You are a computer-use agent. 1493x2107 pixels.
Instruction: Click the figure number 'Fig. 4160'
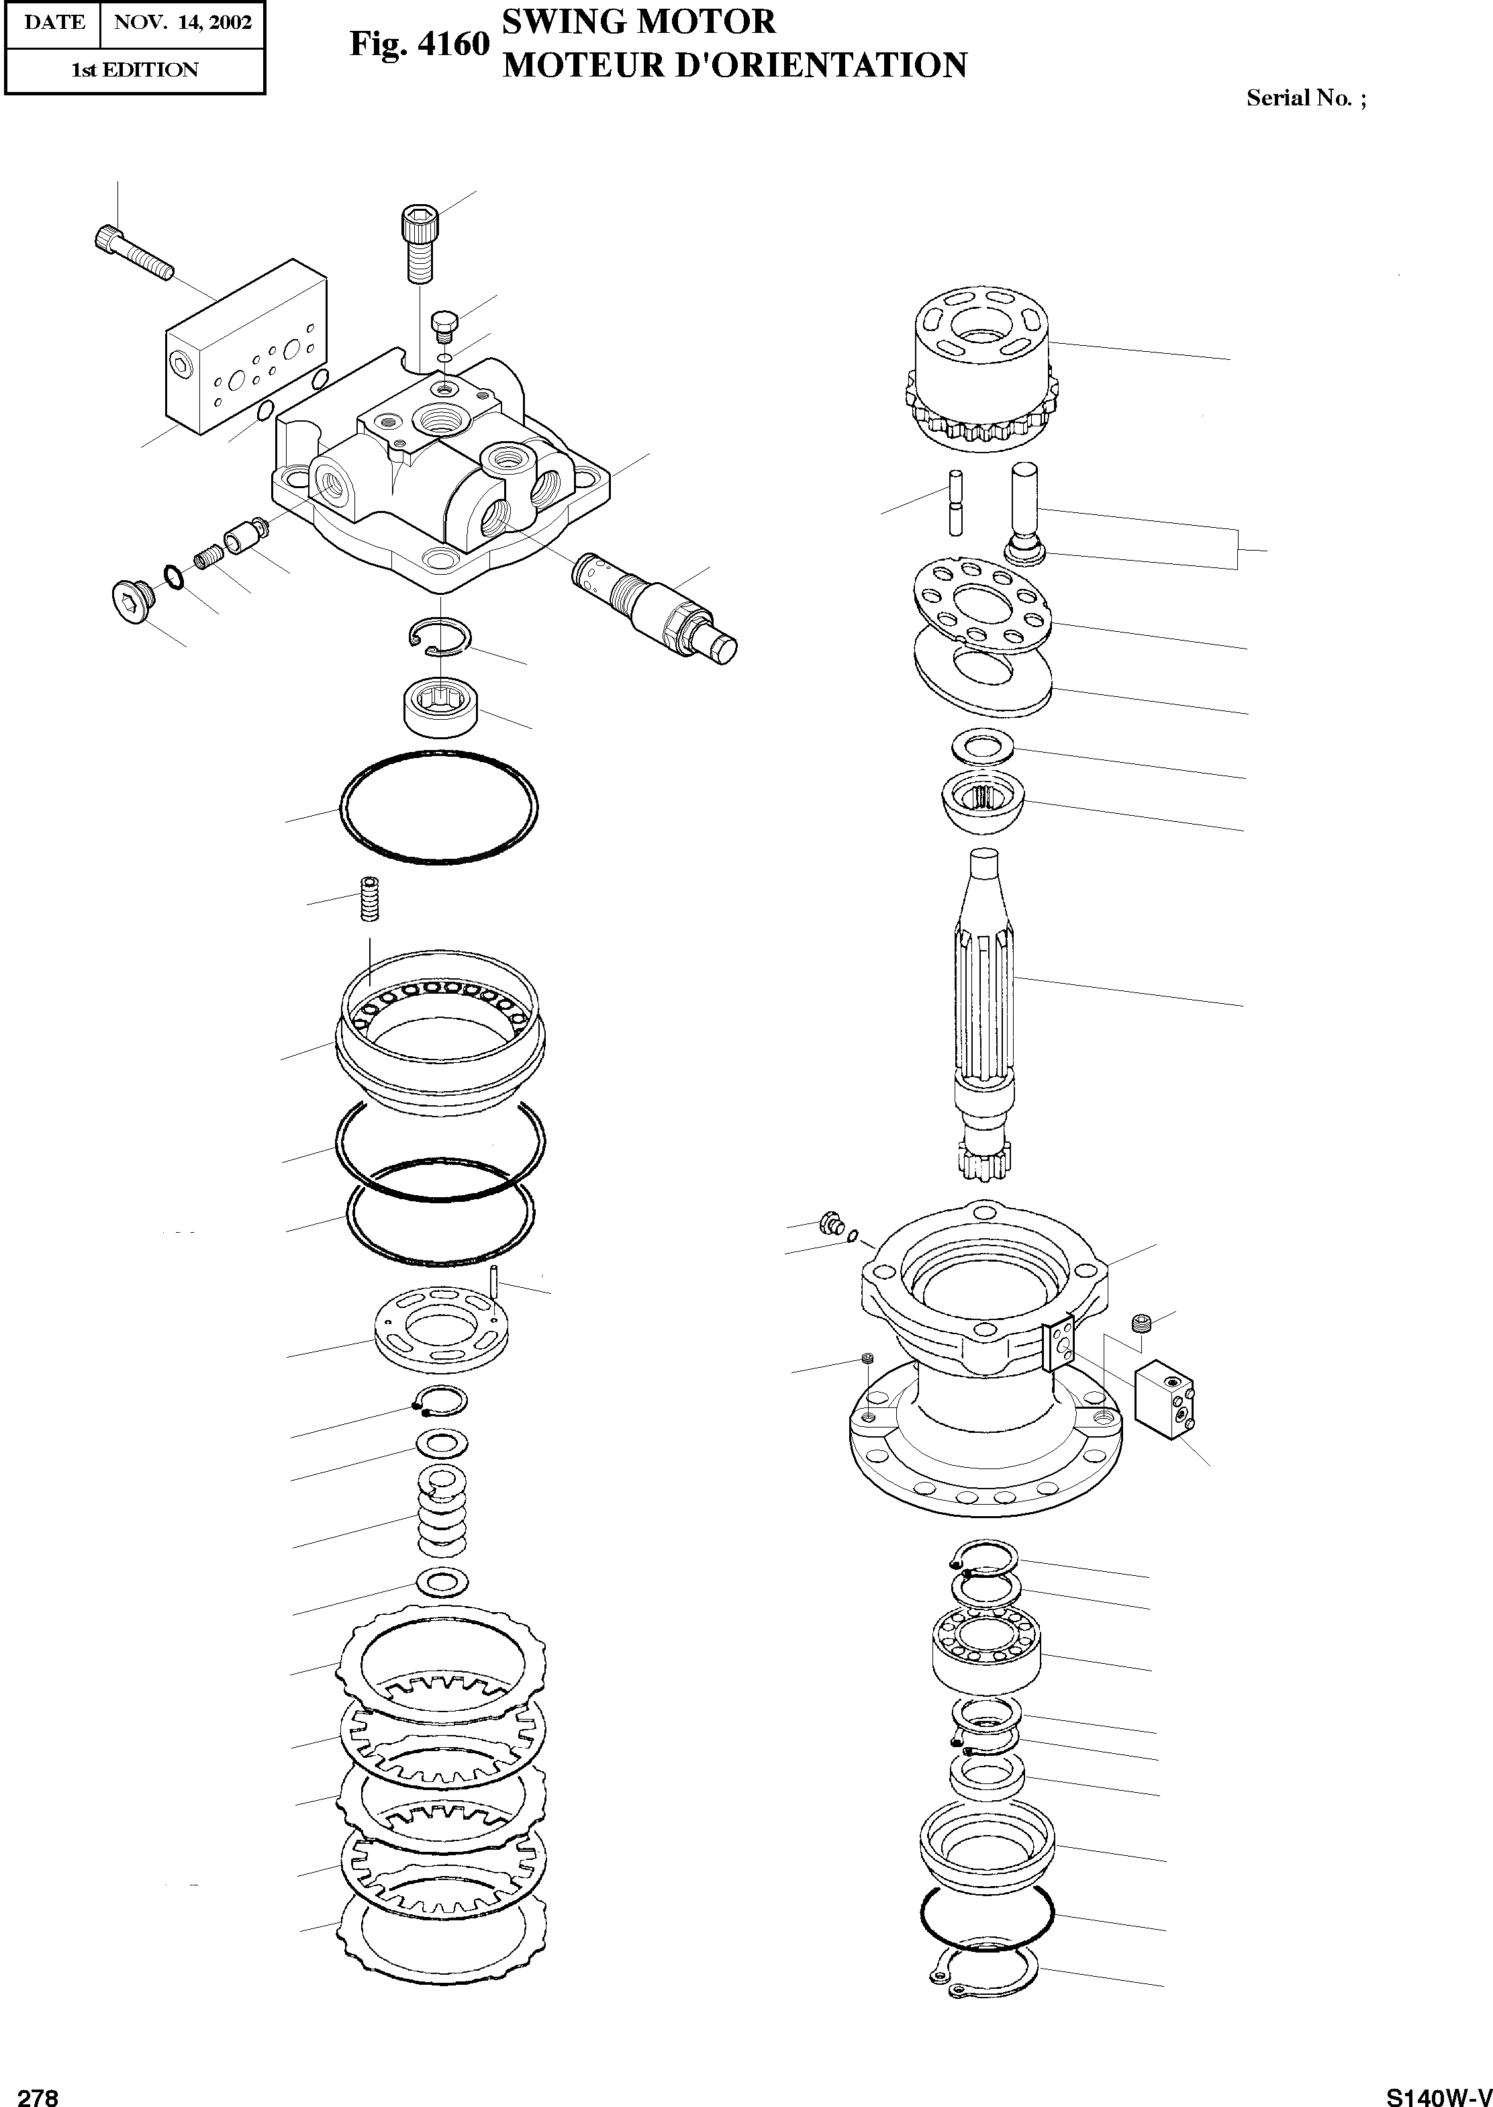(x=418, y=44)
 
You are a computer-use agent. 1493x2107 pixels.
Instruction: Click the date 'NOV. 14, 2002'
(x=182, y=23)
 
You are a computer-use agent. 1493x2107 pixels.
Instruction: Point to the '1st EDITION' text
(x=134, y=70)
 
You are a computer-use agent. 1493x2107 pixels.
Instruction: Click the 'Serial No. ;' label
(x=1306, y=98)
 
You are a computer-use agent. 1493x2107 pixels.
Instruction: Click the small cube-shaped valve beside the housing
(x=1164, y=1399)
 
